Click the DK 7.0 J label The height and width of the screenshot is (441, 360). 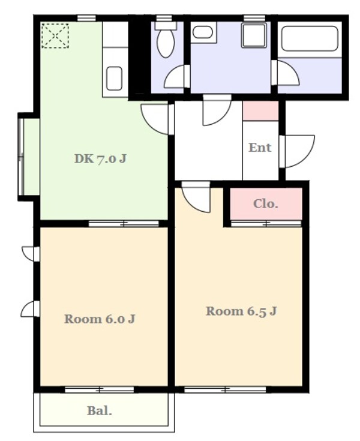(100, 159)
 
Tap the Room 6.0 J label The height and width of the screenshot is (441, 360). (100, 319)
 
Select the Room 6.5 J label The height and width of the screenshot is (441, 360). (241, 311)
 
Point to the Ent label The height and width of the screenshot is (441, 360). (260, 148)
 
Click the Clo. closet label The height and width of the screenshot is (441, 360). (265, 203)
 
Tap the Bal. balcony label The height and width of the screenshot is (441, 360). (100, 411)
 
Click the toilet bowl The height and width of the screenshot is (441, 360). (166, 42)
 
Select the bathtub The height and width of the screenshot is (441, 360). (310, 38)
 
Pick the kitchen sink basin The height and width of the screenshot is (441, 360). (115, 79)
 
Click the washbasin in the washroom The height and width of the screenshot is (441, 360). (203, 32)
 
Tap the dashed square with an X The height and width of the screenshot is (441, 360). (55, 36)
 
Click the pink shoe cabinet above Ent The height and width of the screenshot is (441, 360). (260, 111)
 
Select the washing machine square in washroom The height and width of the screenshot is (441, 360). (254, 36)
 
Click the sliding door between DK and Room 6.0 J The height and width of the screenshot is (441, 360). (124, 224)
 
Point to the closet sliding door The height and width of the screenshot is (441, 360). (266, 224)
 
